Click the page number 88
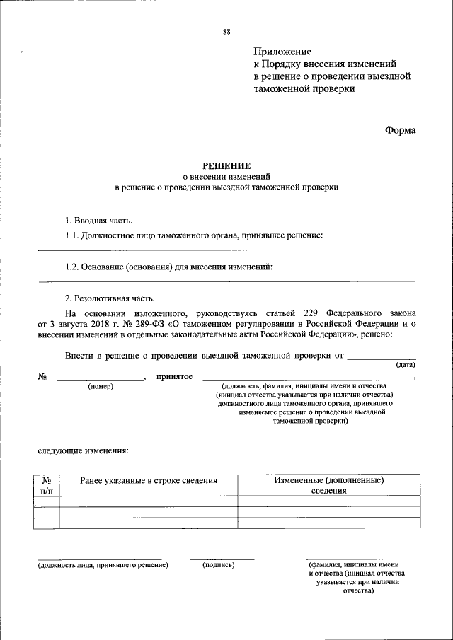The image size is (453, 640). pyautogui.click(x=226, y=32)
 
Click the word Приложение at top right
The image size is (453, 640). pyautogui.click(x=282, y=52)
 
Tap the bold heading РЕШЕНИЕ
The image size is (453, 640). pyautogui.click(x=226, y=164)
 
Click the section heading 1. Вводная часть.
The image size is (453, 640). pyautogui.click(x=98, y=221)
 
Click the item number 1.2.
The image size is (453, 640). pyautogui.click(x=73, y=267)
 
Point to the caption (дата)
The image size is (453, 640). pyautogui.click(x=406, y=365)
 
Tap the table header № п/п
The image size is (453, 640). pyautogui.click(x=47, y=485)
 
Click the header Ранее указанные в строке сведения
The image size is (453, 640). pyautogui.click(x=148, y=480)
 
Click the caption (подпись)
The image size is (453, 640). pyautogui.click(x=218, y=565)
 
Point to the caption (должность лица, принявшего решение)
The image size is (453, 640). pyautogui.click(x=103, y=565)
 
